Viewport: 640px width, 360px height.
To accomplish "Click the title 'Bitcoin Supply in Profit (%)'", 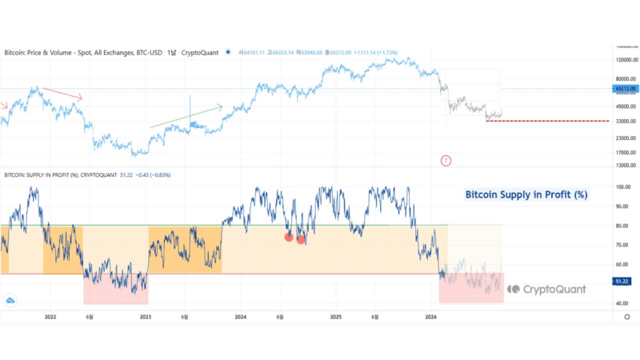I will [526, 194].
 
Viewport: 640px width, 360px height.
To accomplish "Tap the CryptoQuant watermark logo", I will [546, 289].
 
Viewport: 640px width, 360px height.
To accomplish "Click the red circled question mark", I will [446, 161].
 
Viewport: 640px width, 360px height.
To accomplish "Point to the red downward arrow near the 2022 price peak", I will [62, 93].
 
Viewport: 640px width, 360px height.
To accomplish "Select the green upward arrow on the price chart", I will [186, 114].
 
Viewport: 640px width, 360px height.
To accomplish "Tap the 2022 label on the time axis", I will [50, 318].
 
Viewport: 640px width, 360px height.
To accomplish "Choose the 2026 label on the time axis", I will [430, 318].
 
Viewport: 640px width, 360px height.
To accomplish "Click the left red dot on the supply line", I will [289, 237].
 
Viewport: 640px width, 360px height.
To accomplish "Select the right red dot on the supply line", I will [302, 239].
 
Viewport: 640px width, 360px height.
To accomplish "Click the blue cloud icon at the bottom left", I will [10, 300].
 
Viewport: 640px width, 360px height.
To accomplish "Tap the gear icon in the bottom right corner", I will [626, 318].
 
